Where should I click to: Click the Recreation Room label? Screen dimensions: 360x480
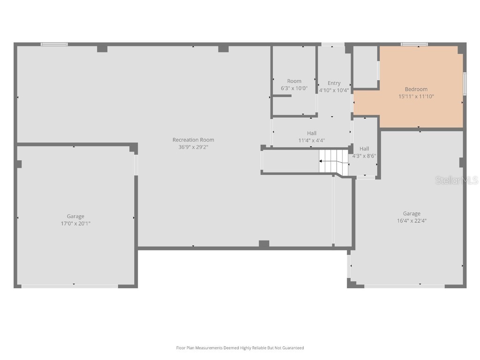(x=193, y=140)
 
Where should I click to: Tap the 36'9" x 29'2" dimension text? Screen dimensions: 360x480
(x=193, y=147)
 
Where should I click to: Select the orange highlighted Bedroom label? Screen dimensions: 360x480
(x=416, y=89)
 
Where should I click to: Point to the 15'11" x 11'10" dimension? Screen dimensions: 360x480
(x=416, y=97)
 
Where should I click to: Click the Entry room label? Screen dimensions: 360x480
(x=334, y=83)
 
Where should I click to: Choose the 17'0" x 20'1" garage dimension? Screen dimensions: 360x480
(x=75, y=224)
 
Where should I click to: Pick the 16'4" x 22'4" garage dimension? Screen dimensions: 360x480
(x=412, y=221)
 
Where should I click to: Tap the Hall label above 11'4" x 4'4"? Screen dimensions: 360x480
(x=312, y=133)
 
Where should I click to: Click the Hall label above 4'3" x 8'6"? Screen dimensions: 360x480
(x=364, y=149)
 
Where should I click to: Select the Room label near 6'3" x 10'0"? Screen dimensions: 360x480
(x=294, y=81)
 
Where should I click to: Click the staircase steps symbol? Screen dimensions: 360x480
(x=334, y=161)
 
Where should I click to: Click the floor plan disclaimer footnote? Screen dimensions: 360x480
(x=240, y=348)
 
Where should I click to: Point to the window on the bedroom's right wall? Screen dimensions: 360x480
(x=465, y=83)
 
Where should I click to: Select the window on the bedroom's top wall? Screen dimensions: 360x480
(x=414, y=45)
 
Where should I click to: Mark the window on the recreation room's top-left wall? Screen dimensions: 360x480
(x=54, y=45)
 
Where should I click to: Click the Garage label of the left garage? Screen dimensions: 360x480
(x=75, y=216)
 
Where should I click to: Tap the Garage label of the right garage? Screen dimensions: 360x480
(x=412, y=213)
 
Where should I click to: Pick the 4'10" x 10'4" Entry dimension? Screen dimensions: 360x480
(x=334, y=90)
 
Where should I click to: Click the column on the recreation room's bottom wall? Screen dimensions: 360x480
(x=264, y=244)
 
